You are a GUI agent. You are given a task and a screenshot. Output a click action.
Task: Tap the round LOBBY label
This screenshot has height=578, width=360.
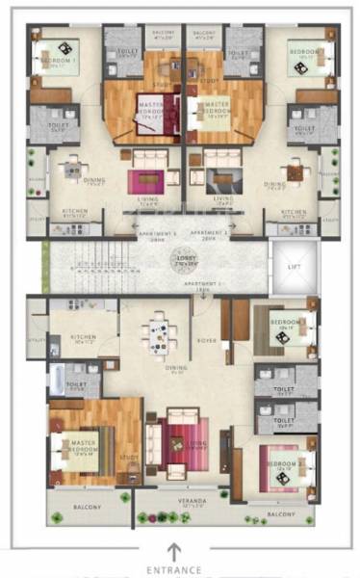(x=180, y=261)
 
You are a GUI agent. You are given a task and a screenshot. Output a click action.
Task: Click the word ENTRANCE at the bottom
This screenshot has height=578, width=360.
(x=174, y=570)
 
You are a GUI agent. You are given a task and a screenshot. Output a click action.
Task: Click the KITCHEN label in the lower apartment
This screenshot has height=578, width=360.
(x=83, y=338)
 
